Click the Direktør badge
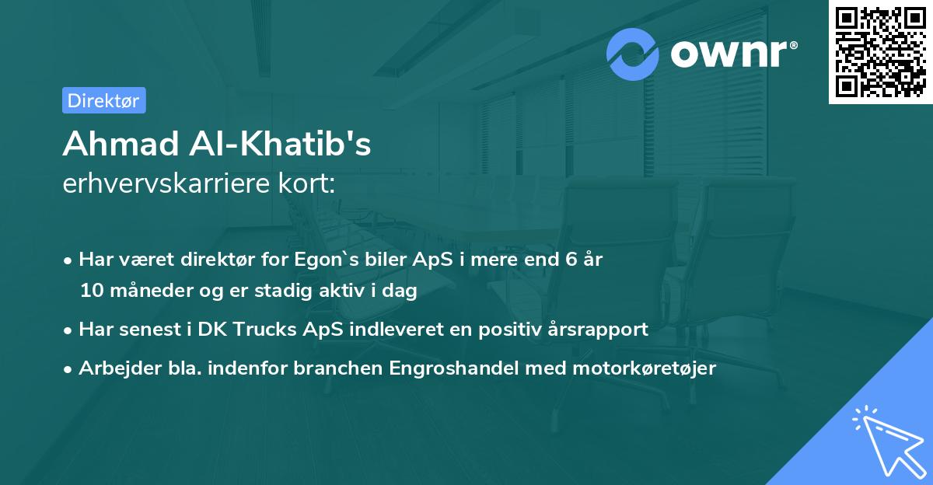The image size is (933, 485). pos(103,100)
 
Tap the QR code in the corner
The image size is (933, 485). pos(880,51)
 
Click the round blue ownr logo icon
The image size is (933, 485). pos(634,54)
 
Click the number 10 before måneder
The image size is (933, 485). pos(90,291)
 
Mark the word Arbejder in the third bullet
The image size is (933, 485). pos(113,368)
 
